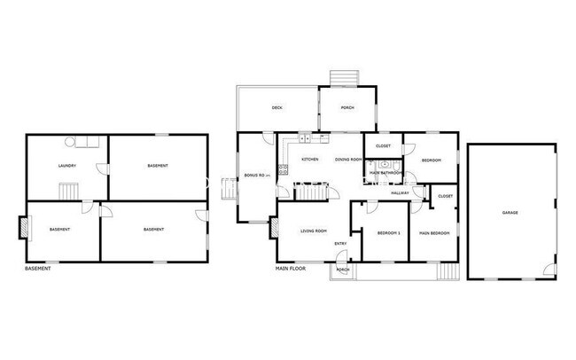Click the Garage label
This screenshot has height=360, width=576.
[x=510, y=213]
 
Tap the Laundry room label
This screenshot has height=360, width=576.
[x=66, y=166]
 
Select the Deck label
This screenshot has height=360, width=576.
[x=276, y=108]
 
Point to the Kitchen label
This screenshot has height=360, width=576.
[x=310, y=160]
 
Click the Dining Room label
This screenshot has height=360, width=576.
[x=347, y=160]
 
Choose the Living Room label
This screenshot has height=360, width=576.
[x=314, y=232]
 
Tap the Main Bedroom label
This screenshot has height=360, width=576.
[x=434, y=233]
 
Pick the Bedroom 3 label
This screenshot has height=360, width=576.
[x=388, y=233]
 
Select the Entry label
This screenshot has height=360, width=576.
[x=340, y=244]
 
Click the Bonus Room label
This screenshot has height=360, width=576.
[x=256, y=176]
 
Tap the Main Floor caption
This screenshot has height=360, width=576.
[x=291, y=268]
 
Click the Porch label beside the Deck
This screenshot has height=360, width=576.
[x=348, y=108]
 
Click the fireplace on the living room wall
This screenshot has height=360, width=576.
[x=275, y=228]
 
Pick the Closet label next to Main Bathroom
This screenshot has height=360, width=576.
[x=384, y=145]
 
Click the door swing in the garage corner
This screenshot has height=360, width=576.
[x=549, y=270]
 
